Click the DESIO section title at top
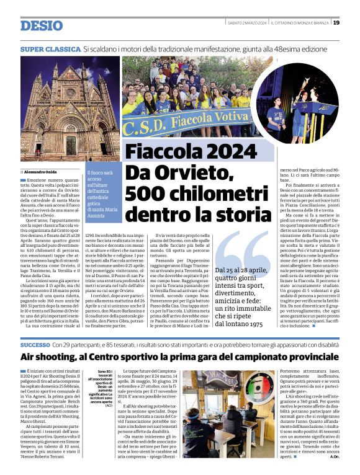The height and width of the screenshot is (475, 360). (41, 25)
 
